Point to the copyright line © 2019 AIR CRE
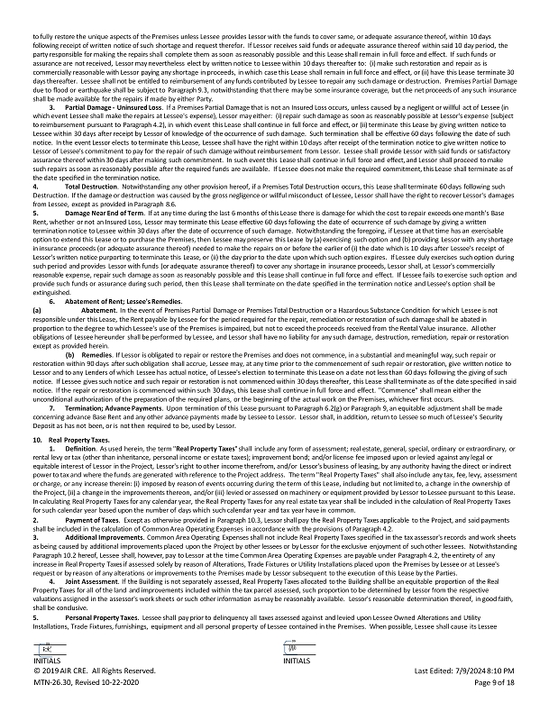click(69, 697)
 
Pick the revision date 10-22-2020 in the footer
click(123, 708)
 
